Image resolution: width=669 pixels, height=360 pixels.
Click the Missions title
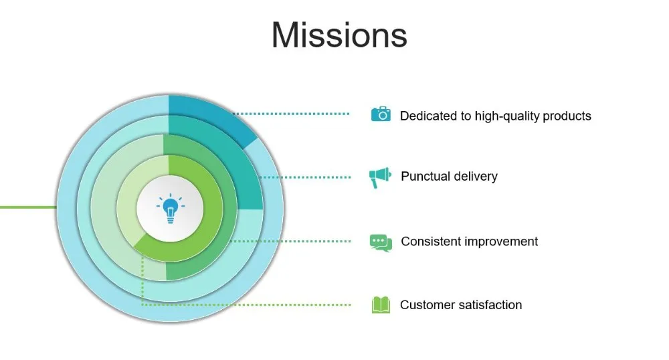(339, 35)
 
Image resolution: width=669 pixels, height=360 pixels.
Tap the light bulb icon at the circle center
(170, 208)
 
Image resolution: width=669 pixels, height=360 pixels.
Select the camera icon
(381, 114)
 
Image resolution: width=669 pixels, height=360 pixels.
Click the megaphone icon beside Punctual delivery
(379, 177)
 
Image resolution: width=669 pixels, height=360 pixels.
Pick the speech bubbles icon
(381, 242)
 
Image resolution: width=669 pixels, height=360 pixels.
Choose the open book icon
(381, 305)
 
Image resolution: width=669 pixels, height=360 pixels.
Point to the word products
(567, 116)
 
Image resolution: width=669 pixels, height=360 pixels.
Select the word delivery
(476, 177)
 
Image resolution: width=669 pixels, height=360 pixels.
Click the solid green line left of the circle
(27, 207)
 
